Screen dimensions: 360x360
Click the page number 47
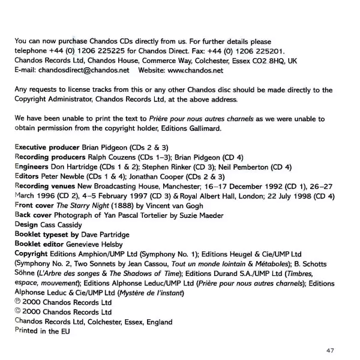pos(330,350)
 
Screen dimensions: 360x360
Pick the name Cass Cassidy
pos(62,224)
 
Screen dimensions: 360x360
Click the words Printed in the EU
pos(42,331)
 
